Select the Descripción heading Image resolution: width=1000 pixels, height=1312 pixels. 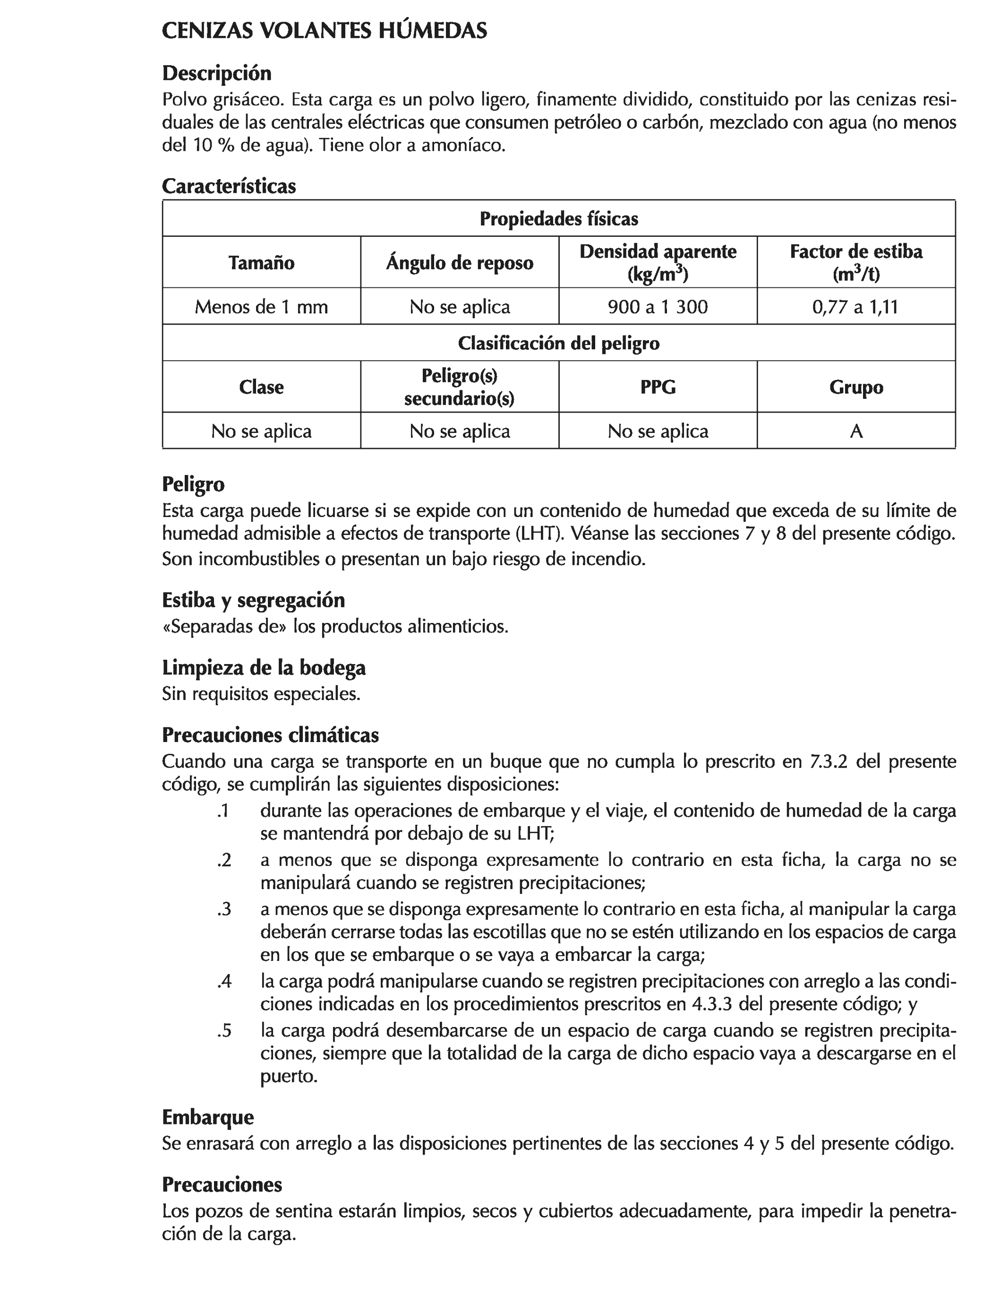[217, 73]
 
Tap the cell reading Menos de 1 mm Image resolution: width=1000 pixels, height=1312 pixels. [261, 307]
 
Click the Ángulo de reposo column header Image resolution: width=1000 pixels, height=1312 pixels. [460, 263]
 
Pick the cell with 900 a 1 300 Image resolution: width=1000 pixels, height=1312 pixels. [658, 307]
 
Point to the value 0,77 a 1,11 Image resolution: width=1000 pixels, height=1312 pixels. [855, 307]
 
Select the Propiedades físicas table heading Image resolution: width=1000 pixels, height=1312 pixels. [559, 218]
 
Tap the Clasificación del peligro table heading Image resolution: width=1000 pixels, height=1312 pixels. [559, 343]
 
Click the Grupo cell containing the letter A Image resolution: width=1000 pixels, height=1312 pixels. [856, 431]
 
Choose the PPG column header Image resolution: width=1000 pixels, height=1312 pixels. [658, 387]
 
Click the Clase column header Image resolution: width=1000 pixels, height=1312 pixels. [261, 387]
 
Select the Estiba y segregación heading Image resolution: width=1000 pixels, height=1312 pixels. [253, 600]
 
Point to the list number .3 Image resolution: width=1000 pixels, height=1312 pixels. [224, 909]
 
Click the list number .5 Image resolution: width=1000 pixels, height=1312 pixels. [224, 1031]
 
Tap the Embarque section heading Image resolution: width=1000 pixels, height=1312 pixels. [208, 1117]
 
